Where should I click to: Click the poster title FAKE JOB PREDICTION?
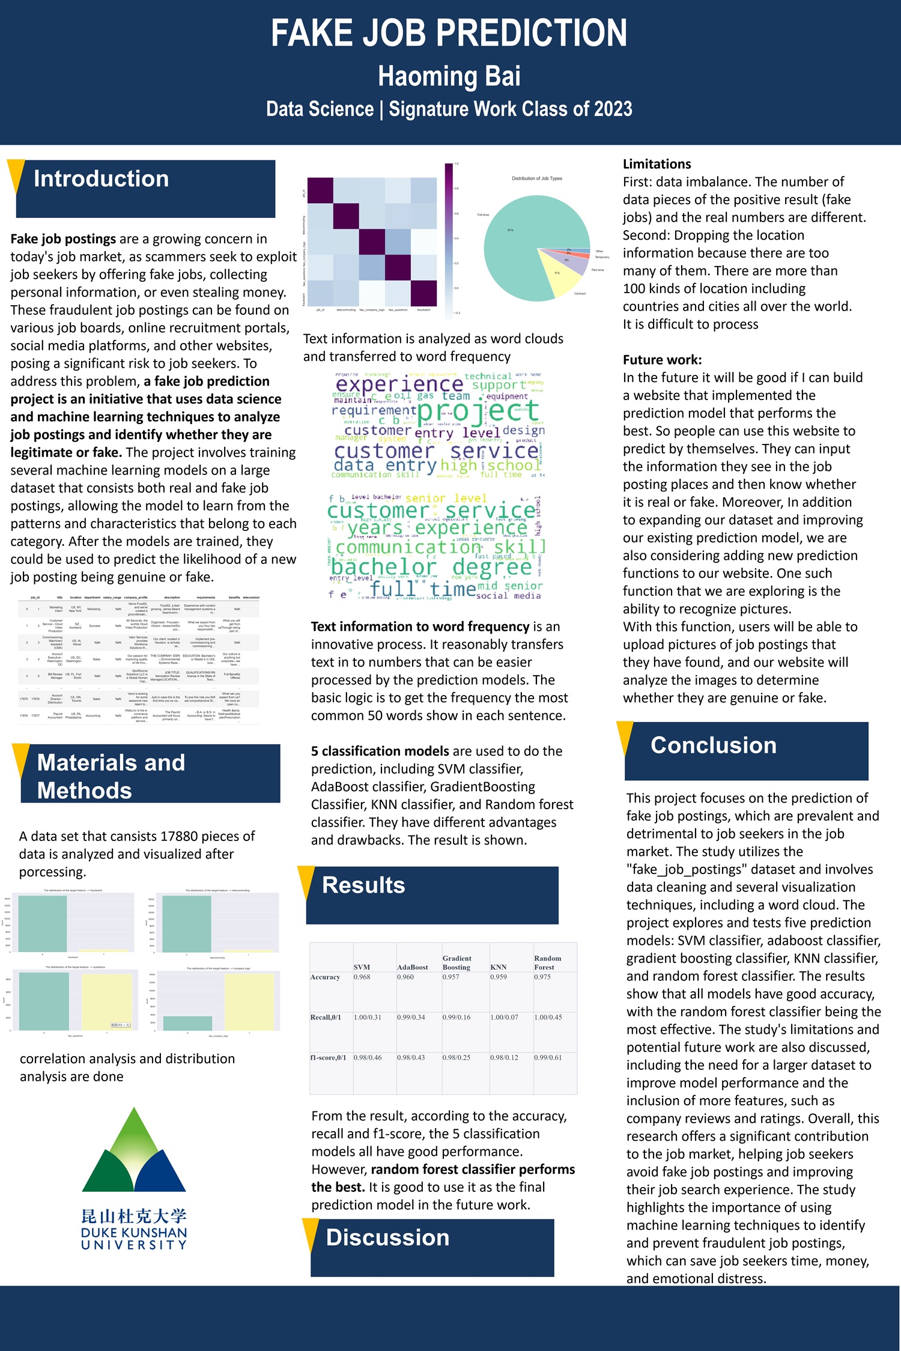(x=449, y=33)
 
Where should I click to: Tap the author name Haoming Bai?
(x=449, y=76)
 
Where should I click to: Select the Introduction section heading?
(x=101, y=179)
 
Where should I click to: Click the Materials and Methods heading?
(x=111, y=776)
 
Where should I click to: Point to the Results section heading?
(x=363, y=885)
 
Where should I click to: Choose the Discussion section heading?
(x=387, y=1237)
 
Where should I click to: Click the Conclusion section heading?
(x=714, y=745)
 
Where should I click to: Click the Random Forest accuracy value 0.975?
(x=542, y=977)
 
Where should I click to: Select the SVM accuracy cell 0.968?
(x=362, y=977)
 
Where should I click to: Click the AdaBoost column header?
(x=413, y=967)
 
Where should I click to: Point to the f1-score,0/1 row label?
(x=328, y=1058)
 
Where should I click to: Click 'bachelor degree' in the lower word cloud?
(x=431, y=567)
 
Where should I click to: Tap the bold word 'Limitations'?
(x=657, y=164)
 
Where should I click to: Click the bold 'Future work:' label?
(x=662, y=360)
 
